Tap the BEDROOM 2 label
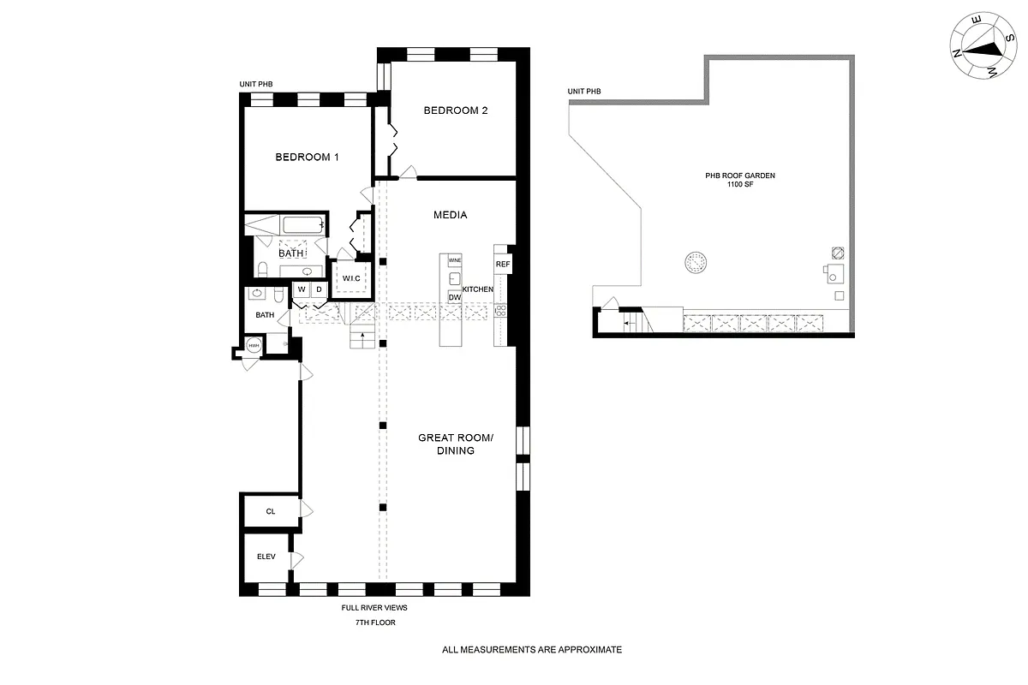point(456,110)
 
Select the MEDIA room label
point(450,215)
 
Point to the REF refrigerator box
point(502,264)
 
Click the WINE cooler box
point(454,259)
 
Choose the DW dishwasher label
point(454,297)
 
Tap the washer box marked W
point(302,290)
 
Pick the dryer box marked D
point(318,290)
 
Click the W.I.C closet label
point(351,279)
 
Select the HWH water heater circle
point(254,346)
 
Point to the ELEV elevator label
point(266,557)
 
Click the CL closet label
point(270,511)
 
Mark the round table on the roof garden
point(695,262)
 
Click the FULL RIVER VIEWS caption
point(374,607)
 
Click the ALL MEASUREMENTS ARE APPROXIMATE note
point(531,650)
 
